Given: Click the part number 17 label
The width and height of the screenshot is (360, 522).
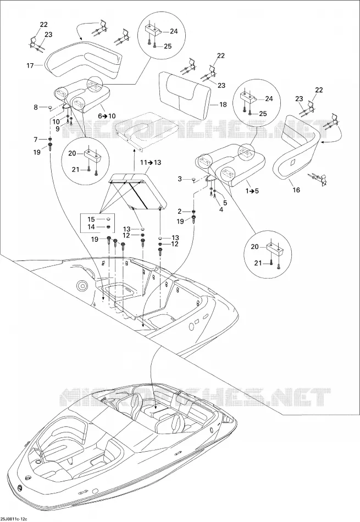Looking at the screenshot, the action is click(30, 65).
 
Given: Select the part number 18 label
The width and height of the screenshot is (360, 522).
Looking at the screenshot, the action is click(223, 104).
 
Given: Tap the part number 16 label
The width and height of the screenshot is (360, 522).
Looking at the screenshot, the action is click(296, 190).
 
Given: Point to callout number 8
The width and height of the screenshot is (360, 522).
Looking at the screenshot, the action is click(36, 107).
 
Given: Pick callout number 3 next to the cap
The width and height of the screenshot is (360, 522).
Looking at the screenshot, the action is click(180, 179).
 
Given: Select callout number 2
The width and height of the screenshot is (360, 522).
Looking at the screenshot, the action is click(180, 212).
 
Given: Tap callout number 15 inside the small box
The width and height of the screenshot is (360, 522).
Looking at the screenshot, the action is click(91, 219).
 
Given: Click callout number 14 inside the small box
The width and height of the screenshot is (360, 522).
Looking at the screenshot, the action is click(91, 227).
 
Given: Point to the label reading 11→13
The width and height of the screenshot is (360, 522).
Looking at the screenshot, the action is click(151, 163).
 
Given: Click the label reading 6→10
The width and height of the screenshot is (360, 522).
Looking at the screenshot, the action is click(107, 116).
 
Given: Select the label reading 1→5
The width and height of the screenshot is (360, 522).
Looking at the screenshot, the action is click(252, 191).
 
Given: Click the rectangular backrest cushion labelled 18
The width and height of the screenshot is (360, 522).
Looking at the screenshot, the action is click(185, 93).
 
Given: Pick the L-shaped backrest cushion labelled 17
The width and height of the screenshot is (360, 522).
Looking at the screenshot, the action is click(83, 59).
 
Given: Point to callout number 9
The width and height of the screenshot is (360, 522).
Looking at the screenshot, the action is click(57, 129).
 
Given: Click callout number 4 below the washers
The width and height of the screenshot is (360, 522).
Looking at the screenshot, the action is click(221, 209).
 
